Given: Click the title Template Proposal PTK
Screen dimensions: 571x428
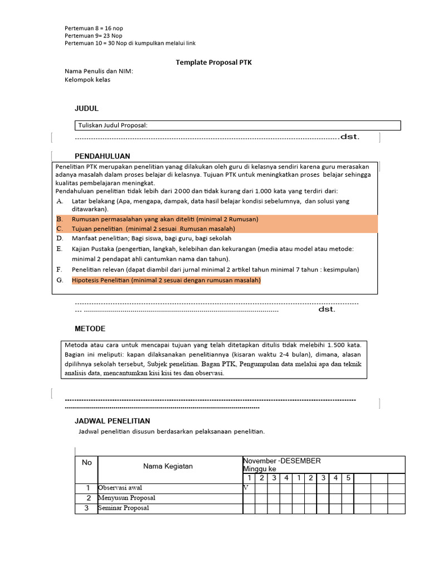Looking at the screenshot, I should [x=214, y=62].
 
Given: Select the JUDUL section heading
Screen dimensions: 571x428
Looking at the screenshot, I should [x=86, y=108].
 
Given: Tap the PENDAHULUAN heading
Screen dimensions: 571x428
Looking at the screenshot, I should [x=103, y=156].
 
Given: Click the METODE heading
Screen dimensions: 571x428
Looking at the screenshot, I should [x=90, y=328].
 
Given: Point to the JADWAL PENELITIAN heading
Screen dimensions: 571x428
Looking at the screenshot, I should [x=112, y=421].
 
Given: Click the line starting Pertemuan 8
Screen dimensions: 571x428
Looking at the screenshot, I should [x=93, y=27].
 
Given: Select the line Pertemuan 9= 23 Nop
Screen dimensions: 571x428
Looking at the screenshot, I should [x=94, y=35].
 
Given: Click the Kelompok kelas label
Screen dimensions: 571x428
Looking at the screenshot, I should [x=87, y=80].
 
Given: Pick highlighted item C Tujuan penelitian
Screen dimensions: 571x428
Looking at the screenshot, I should [x=153, y=229].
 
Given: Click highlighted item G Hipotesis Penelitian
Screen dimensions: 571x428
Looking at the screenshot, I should [x=166, y=280].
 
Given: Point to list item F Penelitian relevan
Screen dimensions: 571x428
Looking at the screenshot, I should [x=215, y=269].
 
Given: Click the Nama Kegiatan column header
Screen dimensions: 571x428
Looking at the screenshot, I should [x=168, y=466].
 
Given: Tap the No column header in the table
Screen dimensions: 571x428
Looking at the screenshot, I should [x=86, y=462].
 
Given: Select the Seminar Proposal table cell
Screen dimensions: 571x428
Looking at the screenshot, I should [x=124, y=509].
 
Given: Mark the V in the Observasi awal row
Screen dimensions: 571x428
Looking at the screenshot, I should [x=246, y=488].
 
